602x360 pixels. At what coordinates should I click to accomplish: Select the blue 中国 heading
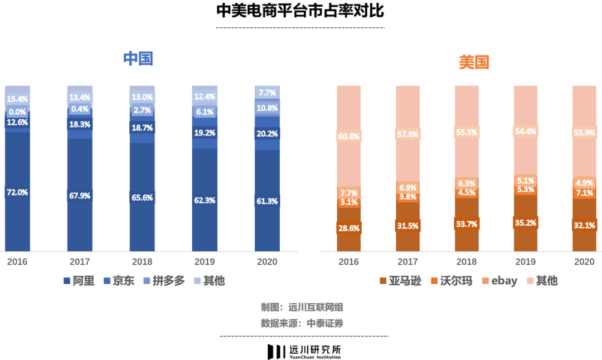click(138, 59)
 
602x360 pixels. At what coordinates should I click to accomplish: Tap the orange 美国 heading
click(474, 62)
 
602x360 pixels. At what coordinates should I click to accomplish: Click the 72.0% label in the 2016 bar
click(17, 192)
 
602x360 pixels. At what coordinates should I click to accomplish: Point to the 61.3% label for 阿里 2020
click(267, 201)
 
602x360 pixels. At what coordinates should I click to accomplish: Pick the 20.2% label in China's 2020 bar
click(267, 134)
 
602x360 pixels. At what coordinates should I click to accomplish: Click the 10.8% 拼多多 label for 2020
click(267, 107)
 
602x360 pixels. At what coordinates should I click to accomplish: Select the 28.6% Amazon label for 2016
click(349, 228)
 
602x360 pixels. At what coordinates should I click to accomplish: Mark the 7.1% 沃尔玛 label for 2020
click(585, 193)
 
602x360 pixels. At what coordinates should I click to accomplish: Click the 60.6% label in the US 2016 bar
click(349, 136)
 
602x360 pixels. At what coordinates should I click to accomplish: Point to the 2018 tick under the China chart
click(142, 261)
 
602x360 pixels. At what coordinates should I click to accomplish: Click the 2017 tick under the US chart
click(408, 261)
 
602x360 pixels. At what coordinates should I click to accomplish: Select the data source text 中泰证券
click(326, 323)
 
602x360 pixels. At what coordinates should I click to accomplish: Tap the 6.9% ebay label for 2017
click(408, 188)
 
